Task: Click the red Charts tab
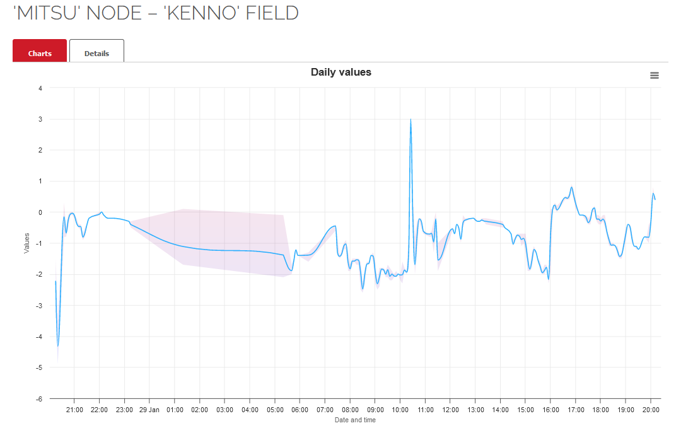point(40,54)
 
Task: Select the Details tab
point(96,54)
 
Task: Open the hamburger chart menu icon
point(655,76)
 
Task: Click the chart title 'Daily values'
point(341,72)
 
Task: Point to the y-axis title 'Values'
point(26,243)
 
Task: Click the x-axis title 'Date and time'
point(355,420)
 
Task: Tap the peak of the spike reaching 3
point(411,119)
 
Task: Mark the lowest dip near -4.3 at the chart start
point(58,345)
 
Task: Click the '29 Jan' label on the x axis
point(149,410)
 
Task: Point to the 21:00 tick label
point(74,410)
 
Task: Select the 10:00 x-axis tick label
point(400,410)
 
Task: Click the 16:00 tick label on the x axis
point(550,410)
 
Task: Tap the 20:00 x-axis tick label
point(651,410)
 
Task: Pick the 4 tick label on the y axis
point(40,88)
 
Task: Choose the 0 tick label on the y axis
point(40,212)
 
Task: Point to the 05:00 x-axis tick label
point(275,410)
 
